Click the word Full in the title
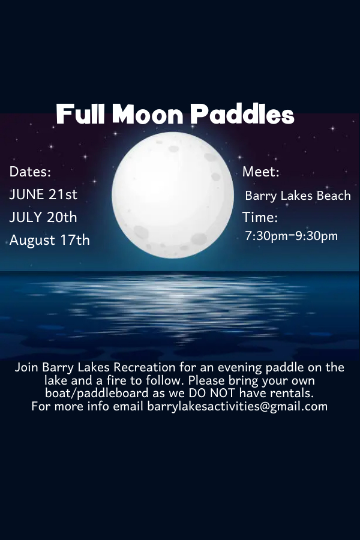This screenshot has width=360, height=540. (x=81, y=114)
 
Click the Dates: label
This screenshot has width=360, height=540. (x=31, y=172)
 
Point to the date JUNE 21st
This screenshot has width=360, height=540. (x=43, y=194)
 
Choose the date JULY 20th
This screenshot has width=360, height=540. (x=43, y=217)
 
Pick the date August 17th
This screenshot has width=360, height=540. (x=50, y=240)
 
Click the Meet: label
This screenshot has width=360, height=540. (x=261, y=172)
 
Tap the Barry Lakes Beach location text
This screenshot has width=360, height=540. (x=298, y=196)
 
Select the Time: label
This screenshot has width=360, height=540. (x=260, y=217)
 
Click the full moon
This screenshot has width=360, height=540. (x=173, y=196)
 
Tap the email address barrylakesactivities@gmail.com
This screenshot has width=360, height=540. (x=238, y=406)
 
